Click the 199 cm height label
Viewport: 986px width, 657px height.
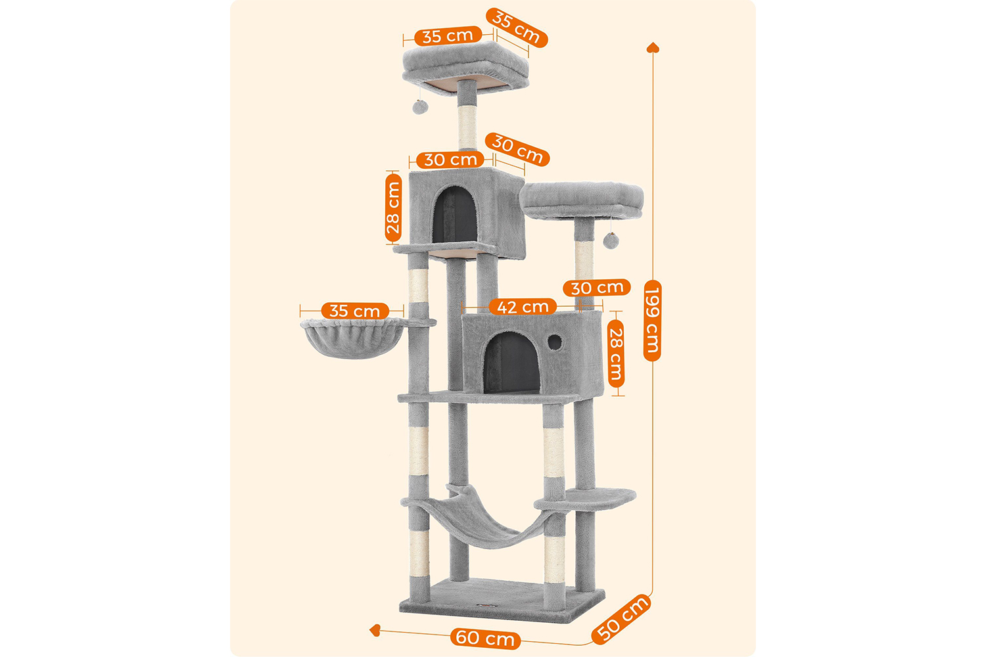pos(652,321)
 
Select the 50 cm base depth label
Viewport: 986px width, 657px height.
pos(621,619)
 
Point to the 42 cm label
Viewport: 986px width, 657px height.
pos(523,307)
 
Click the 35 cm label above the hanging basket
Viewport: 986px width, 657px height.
pos(355,311)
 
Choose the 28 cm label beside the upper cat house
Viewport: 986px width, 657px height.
pos(393,208)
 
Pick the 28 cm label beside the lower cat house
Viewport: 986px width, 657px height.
pos(616,353)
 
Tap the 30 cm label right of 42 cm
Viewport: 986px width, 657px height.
pos(596,288)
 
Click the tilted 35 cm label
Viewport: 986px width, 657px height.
pos(516,28)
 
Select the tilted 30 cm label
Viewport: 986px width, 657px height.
pos(517,149)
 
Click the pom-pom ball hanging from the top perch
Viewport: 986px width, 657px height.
pos(420,106)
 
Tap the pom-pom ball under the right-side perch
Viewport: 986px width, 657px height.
pos(611,240)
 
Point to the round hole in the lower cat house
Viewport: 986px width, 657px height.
pos(555,342)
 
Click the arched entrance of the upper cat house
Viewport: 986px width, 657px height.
pos(455,214)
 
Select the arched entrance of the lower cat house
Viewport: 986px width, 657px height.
pos(511,362)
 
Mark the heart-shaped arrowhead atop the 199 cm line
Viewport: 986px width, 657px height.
pos(653,47)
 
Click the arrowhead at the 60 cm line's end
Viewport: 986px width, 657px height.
pos(375,629)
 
